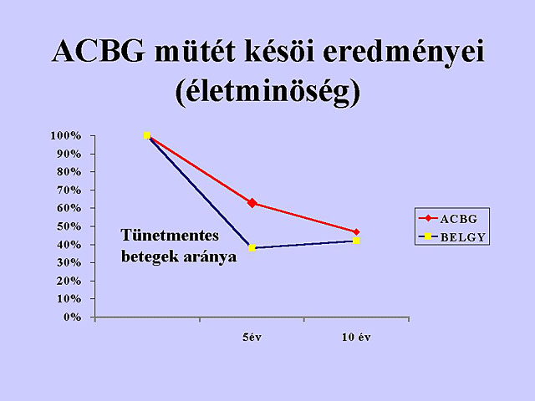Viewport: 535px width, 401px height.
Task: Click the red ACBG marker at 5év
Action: click(x=252, y=203)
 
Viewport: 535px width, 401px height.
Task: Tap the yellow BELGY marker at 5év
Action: click(x=252, y=248)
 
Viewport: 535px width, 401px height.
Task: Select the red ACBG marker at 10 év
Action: click(x=356, y=232)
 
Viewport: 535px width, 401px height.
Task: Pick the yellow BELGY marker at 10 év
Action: click(x=356, y=241)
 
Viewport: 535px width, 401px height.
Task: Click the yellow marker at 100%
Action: click(x=147, y=135)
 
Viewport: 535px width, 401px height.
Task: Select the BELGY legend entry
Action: click(x=451, y=236)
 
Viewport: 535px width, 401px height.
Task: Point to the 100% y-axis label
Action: click(x=66, y=135)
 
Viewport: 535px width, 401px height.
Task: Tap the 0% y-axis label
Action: click(x=72, y=317)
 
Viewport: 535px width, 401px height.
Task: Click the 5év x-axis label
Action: click(x=252, y=338)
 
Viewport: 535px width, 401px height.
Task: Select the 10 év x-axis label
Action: click(x=356, y=338)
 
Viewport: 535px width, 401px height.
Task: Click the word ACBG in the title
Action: click(x=99, y=51)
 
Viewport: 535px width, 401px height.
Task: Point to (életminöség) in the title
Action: click(x=267, y=91)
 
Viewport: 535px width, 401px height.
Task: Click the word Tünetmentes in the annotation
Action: click(x=170, y=236)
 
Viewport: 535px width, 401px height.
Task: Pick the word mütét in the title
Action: click(x=195, y=51)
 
